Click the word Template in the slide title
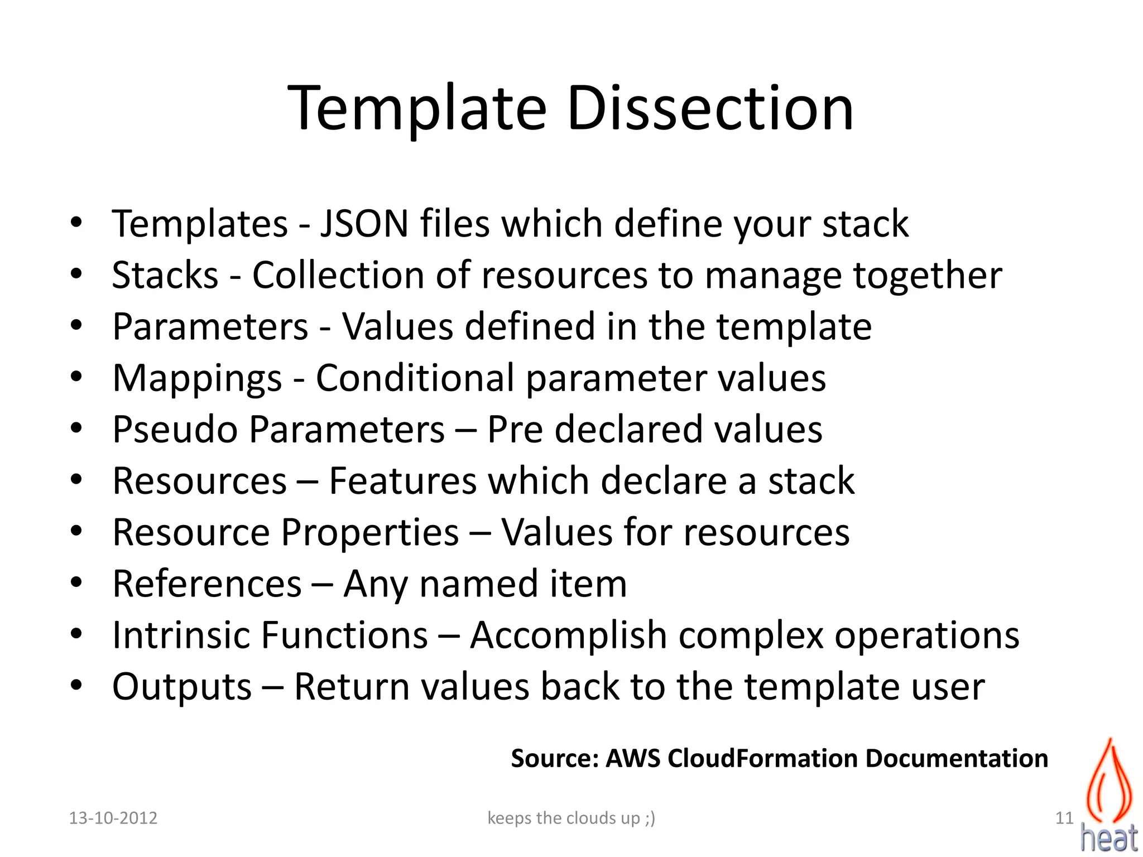417,109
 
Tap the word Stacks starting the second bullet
165,275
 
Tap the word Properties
370,533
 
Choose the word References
207,584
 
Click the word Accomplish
569,636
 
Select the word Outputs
182,687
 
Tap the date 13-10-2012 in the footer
113,818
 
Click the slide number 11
1064,818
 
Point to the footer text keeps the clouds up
571,818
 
